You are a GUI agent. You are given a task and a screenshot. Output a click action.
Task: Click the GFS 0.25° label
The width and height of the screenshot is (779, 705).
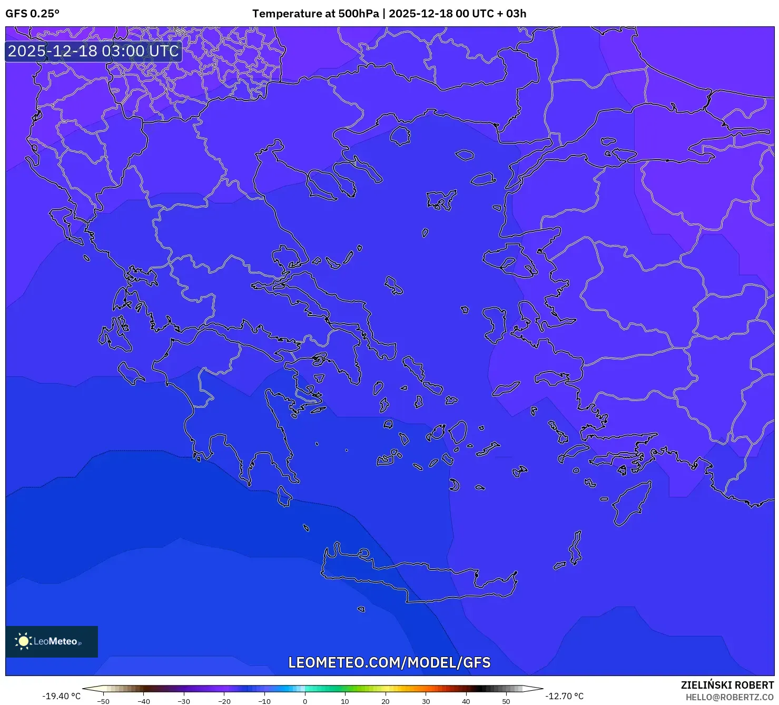tap(32, 14)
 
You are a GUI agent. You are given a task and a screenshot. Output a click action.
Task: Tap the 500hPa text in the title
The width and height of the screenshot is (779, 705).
tap(358, 14)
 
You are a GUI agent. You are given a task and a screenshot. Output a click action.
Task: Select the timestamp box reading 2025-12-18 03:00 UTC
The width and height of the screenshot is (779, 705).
tap(93, 51)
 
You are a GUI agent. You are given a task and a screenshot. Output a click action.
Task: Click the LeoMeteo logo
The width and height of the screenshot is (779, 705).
tap(52, 641)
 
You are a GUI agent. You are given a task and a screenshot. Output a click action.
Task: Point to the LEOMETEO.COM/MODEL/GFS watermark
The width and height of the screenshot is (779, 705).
tap(389, 662)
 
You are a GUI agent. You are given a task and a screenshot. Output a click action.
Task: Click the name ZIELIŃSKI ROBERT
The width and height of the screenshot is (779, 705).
tap(727, 685)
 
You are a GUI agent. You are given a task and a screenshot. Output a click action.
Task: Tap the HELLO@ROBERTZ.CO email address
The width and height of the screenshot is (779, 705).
tap(729, 697)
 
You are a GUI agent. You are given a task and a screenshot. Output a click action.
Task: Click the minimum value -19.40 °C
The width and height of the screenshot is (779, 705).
tap(62, 696)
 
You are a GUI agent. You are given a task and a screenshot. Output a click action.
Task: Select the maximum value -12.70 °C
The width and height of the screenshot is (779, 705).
tap(564, 696)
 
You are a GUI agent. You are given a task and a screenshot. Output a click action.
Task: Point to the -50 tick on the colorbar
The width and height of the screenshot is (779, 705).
tap(103, 701)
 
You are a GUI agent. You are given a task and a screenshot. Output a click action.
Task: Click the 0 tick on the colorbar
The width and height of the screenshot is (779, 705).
tap(305, 701)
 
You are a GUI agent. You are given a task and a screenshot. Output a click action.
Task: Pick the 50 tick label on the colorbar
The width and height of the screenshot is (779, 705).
tap(506, 701)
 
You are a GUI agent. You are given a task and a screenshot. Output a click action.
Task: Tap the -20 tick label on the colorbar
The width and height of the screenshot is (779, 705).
tap(224, 701)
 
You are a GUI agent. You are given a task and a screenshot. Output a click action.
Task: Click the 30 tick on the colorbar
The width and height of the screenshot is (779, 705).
tap(426, 701)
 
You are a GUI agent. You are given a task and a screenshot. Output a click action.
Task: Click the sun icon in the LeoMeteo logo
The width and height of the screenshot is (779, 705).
tap(23, 641)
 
